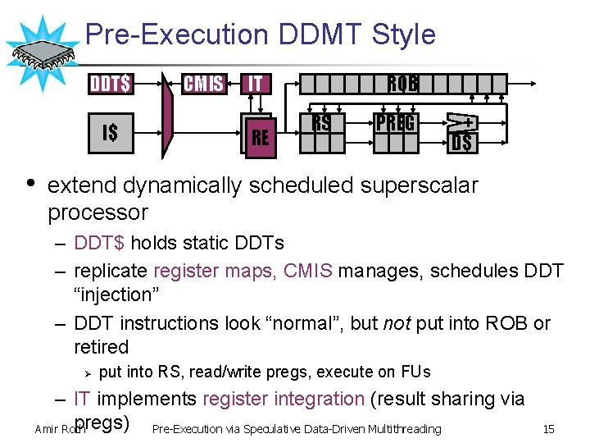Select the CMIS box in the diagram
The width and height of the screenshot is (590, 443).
(203, 84)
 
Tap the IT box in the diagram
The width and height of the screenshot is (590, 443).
(256, 84)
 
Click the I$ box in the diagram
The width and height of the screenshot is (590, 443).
(110, 132)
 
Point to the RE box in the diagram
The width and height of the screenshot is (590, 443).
(260, 137)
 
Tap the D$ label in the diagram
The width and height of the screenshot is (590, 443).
(461, 143)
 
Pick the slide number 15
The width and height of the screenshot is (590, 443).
(548, 428)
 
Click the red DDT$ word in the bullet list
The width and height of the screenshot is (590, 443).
(100, 243)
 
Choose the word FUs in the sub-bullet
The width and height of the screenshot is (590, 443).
(413, 372)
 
